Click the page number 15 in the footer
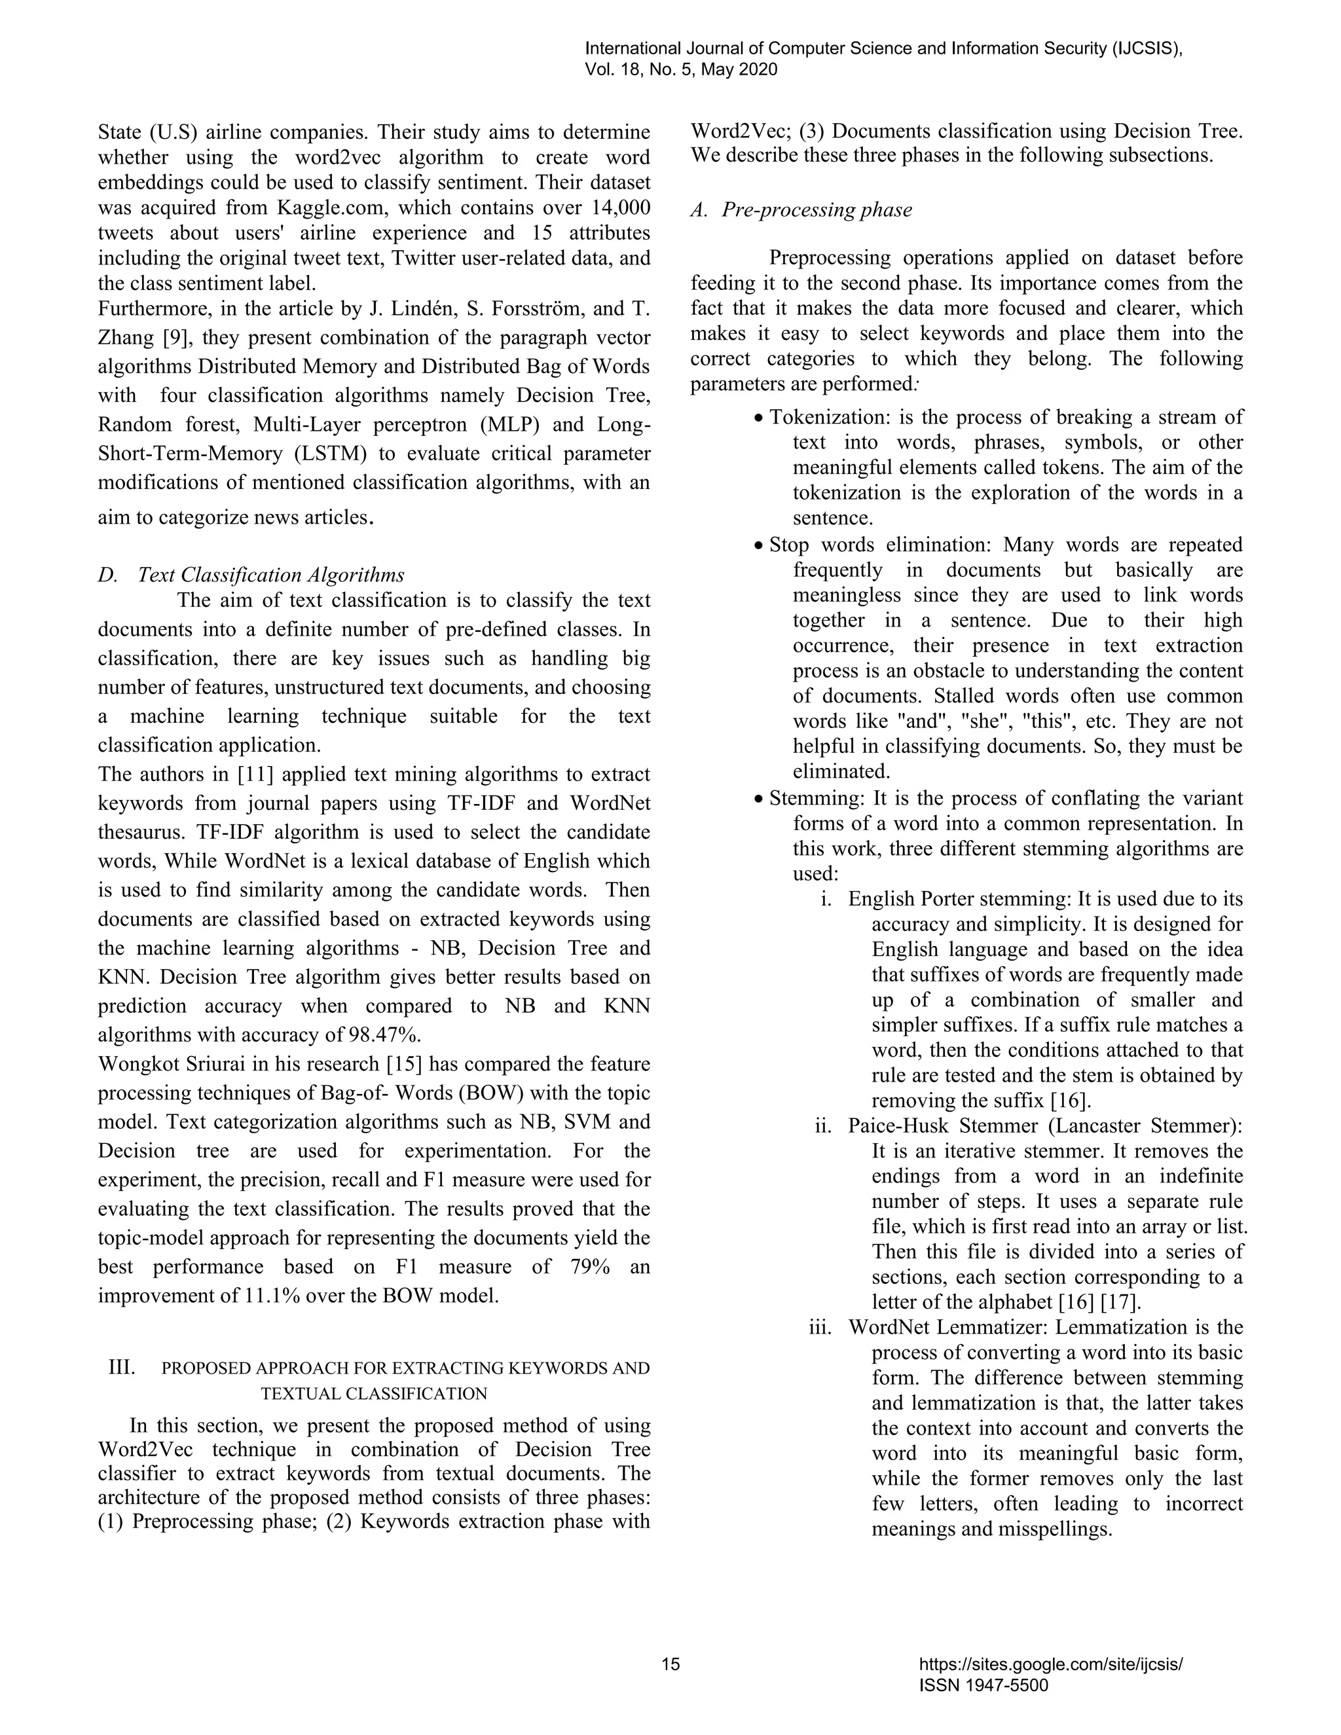[670, 1664]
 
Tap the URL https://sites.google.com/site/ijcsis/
[1050, 1664]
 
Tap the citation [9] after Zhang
[175, 338]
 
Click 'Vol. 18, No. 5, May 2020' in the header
[681, 70]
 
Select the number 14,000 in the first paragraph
[621, 208]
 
